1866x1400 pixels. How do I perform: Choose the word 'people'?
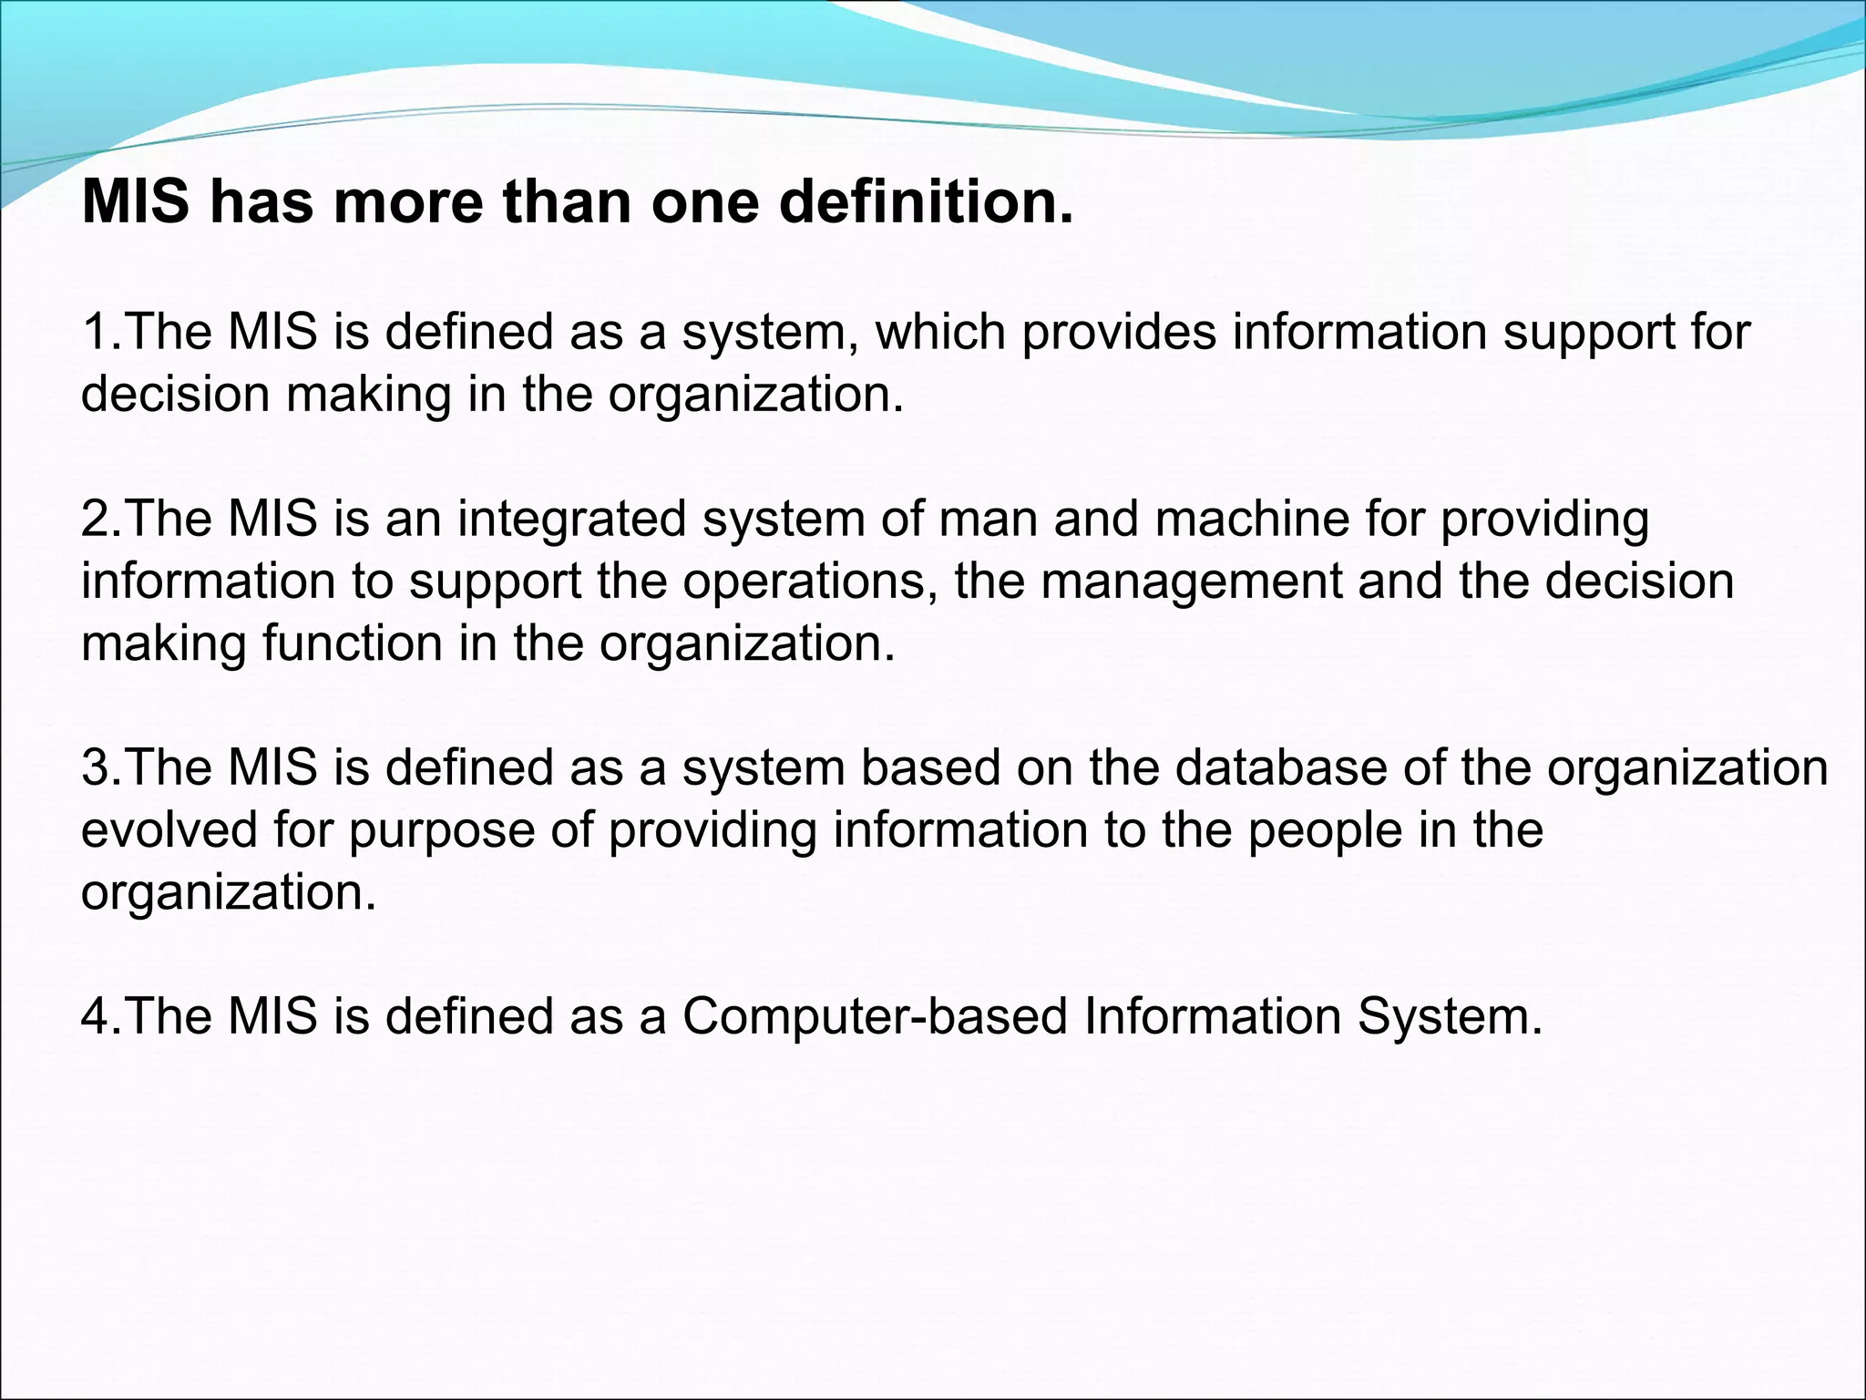pyautogui.click(x=1325, y=831)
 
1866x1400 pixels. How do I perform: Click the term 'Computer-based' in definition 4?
pyautogui.click(x=875, y=1016)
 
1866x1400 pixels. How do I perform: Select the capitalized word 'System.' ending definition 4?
pyautogui.click(x=1450, y=1016)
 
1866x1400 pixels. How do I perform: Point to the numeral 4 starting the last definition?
pyautogui.click(x=94, y=1016)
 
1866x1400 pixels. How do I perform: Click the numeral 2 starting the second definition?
pyautogui.click(x=94, y=519)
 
